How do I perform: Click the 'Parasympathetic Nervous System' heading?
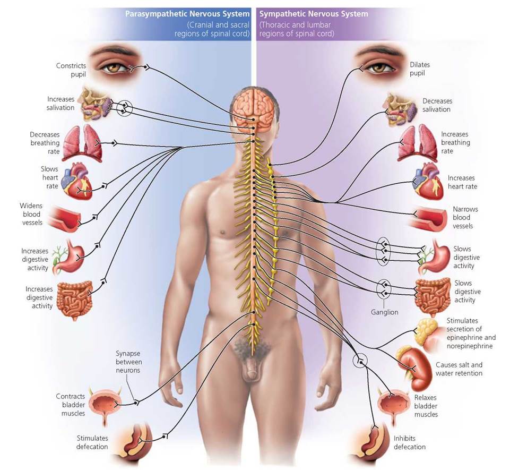point(187,14)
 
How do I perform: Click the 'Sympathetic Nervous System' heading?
point(313,14)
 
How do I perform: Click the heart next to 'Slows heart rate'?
point(77,180)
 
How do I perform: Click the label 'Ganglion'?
point(384,312)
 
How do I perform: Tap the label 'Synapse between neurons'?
point(128,362)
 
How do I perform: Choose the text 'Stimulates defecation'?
point(92,442)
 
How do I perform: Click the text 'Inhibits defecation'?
point(409,442)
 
